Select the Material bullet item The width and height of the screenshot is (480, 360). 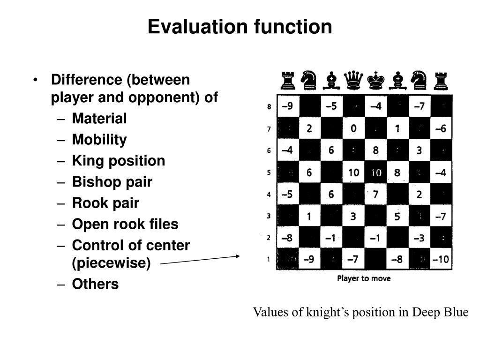coord(99,119)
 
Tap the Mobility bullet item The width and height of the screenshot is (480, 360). coord(99,140)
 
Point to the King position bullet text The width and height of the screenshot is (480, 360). coord(118,161)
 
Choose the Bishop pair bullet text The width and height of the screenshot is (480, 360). coord(112,182)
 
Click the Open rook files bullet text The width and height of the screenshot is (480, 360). coord(125,224)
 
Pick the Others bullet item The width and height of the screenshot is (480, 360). coord(95,284)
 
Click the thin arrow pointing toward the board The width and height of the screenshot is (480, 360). coord(200,260)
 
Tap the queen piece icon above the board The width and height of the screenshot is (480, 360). coord(353,80)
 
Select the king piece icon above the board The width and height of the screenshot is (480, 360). coord(375,80)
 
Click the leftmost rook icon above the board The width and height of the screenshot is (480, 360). coord(287,80)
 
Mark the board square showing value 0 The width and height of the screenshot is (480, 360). coord(353,128)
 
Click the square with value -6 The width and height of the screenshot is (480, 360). coord(441,128)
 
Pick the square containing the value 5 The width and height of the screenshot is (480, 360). coord(397,217)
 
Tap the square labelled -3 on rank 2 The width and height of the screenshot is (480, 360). coord(419,238)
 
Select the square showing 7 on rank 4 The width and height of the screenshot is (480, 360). coord(375,194)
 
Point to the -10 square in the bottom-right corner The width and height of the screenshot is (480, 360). coord(441,259)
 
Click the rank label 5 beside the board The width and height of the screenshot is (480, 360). coord(269,172)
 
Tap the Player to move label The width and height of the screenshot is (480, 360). coord(364,278)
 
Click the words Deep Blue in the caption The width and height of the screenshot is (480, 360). coord(440,312)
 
